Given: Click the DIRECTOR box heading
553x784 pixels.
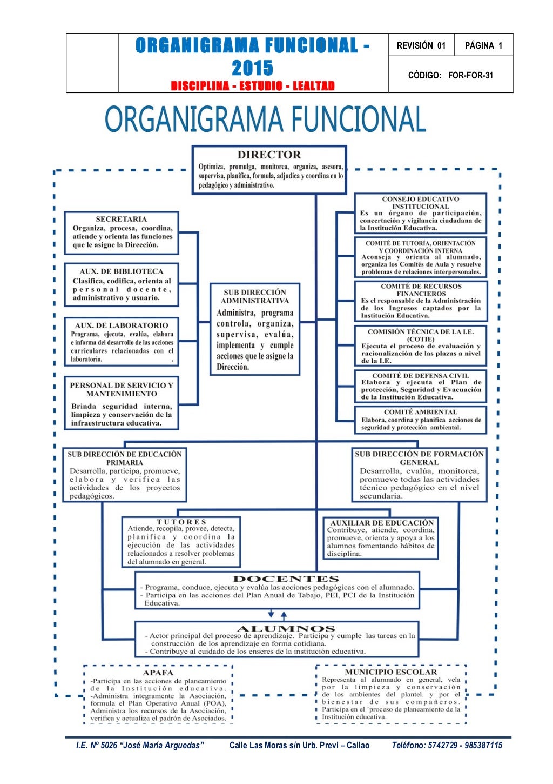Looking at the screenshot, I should click(x=269, y=155).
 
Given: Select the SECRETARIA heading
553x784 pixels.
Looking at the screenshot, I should click(x=121, y=219).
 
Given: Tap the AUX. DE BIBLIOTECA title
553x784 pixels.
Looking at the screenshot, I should click(x=121, y=271).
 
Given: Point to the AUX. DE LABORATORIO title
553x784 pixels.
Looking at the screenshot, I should click(x=122, y=325).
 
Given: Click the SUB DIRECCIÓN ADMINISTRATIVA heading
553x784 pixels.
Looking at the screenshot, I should click(x=254, y=296).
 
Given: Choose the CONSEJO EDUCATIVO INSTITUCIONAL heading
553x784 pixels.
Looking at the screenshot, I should click(x=420, y=203).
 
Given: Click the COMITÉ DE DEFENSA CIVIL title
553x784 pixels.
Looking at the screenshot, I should click(x=420, y=375).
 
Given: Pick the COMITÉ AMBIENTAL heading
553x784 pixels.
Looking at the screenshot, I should click(x=420, y=412).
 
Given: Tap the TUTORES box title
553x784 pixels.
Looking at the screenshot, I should click(x=181, y=522).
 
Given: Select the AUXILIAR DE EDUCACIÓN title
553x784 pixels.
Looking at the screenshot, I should click(x=382, y=523).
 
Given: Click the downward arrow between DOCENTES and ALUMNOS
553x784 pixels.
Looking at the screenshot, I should click(x=271, y=615).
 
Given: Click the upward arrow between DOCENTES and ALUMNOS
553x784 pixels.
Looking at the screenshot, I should click(x=284, y=615).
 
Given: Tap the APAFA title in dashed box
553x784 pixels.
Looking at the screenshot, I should click(x=158, y=673).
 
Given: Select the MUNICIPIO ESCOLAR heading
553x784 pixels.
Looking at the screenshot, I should click(x=390, y=672).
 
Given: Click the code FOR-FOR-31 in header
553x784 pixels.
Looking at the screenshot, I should click(x=470, y=75).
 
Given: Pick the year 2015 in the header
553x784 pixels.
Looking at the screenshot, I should click(x=252, y=68).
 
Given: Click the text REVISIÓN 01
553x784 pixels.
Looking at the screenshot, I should click(x=421, y=45).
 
